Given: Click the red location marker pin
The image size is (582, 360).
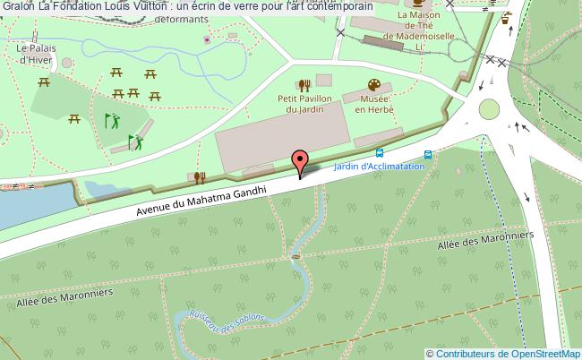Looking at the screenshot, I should pyautogui.click(x=301, y=160).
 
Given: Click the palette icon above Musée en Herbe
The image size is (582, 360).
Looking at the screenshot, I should pyautogui.click(x=372, y=84).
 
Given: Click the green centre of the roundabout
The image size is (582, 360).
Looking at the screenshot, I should pyautogui.click(x=490, y=109).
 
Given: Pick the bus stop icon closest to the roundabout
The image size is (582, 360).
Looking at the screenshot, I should pyautogui.click(x=430, y=153).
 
